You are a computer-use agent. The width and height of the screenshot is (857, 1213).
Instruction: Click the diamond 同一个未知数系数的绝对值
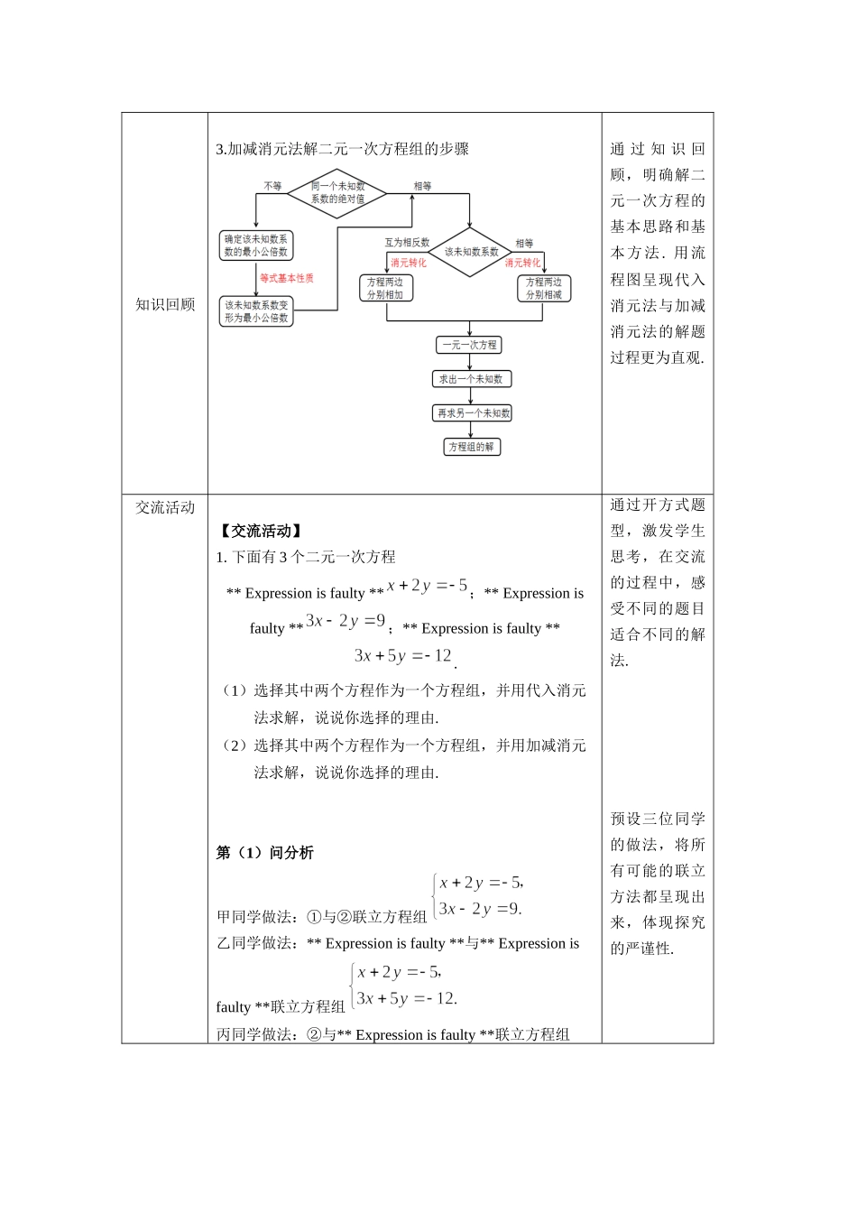(x=337, y=193)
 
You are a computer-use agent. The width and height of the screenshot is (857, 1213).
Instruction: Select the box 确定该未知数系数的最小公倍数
(x=257, y=245)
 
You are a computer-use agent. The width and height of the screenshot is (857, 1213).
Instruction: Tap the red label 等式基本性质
(x=287, y=278)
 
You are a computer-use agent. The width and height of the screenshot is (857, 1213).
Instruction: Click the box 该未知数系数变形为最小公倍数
(x=257, y=311)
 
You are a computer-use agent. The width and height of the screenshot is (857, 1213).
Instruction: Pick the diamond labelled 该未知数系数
(x=471, y=252)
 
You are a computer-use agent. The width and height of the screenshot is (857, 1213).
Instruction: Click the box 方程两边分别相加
(x=385, y=288)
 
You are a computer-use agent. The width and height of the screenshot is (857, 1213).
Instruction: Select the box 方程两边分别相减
(x=544, y=288)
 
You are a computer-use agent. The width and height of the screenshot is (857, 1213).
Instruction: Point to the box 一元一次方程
(x=469, y=345)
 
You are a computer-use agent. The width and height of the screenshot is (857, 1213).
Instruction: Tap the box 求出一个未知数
(x=471, y=379)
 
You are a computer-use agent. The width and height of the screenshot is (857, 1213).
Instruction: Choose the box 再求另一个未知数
(x=473, y=413)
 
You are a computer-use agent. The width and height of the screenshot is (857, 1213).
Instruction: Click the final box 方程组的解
(x=472, y=447)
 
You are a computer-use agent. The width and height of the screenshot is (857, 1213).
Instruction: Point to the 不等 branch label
(x=272, y=186)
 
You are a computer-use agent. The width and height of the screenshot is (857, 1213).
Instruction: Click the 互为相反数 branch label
(x=407, y=243)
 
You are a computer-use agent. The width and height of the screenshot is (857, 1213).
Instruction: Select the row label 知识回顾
(x=165, y=304)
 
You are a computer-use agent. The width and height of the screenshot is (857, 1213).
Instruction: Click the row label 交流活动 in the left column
(x=165, y=507)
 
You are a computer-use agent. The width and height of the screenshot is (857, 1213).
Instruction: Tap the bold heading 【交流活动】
(x=261, y=532)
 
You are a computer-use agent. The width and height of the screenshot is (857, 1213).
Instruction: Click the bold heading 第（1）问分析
(x=265, y=853)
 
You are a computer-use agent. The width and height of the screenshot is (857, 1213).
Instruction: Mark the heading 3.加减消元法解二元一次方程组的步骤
(x=343, y=149)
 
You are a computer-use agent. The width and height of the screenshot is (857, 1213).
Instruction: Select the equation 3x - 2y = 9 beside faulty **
(x=346, y=621)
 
